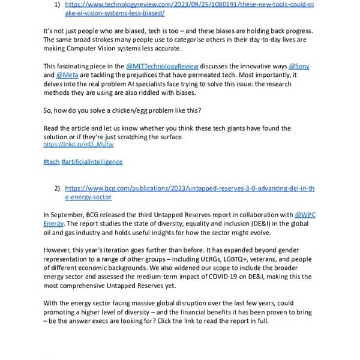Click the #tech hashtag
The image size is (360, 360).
(x=51, y=162)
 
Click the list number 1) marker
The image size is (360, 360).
(x=57, y=4)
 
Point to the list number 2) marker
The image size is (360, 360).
(x=57, y=188)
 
